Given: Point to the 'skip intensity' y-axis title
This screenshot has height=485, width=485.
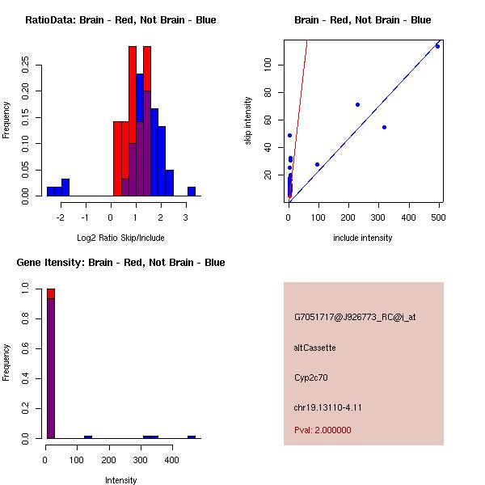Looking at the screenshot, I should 248,121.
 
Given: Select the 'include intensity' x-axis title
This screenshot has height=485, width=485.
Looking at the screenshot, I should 363,238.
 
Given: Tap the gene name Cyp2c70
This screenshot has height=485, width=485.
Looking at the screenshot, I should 311,377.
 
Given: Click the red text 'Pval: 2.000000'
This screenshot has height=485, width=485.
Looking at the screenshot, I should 323,430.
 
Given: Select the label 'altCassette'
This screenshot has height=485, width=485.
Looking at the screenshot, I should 314,348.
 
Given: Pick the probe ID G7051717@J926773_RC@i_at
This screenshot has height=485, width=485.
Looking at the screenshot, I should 355,318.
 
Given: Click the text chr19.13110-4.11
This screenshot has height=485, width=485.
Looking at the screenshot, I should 327,407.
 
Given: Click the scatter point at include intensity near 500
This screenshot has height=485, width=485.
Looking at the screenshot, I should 437,46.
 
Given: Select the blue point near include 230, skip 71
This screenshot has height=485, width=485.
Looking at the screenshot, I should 357,104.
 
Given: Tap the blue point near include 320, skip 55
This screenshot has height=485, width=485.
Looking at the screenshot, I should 384,127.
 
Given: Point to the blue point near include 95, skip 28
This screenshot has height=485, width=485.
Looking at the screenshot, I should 317,164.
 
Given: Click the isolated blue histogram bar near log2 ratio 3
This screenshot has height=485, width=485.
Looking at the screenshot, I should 192,192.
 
